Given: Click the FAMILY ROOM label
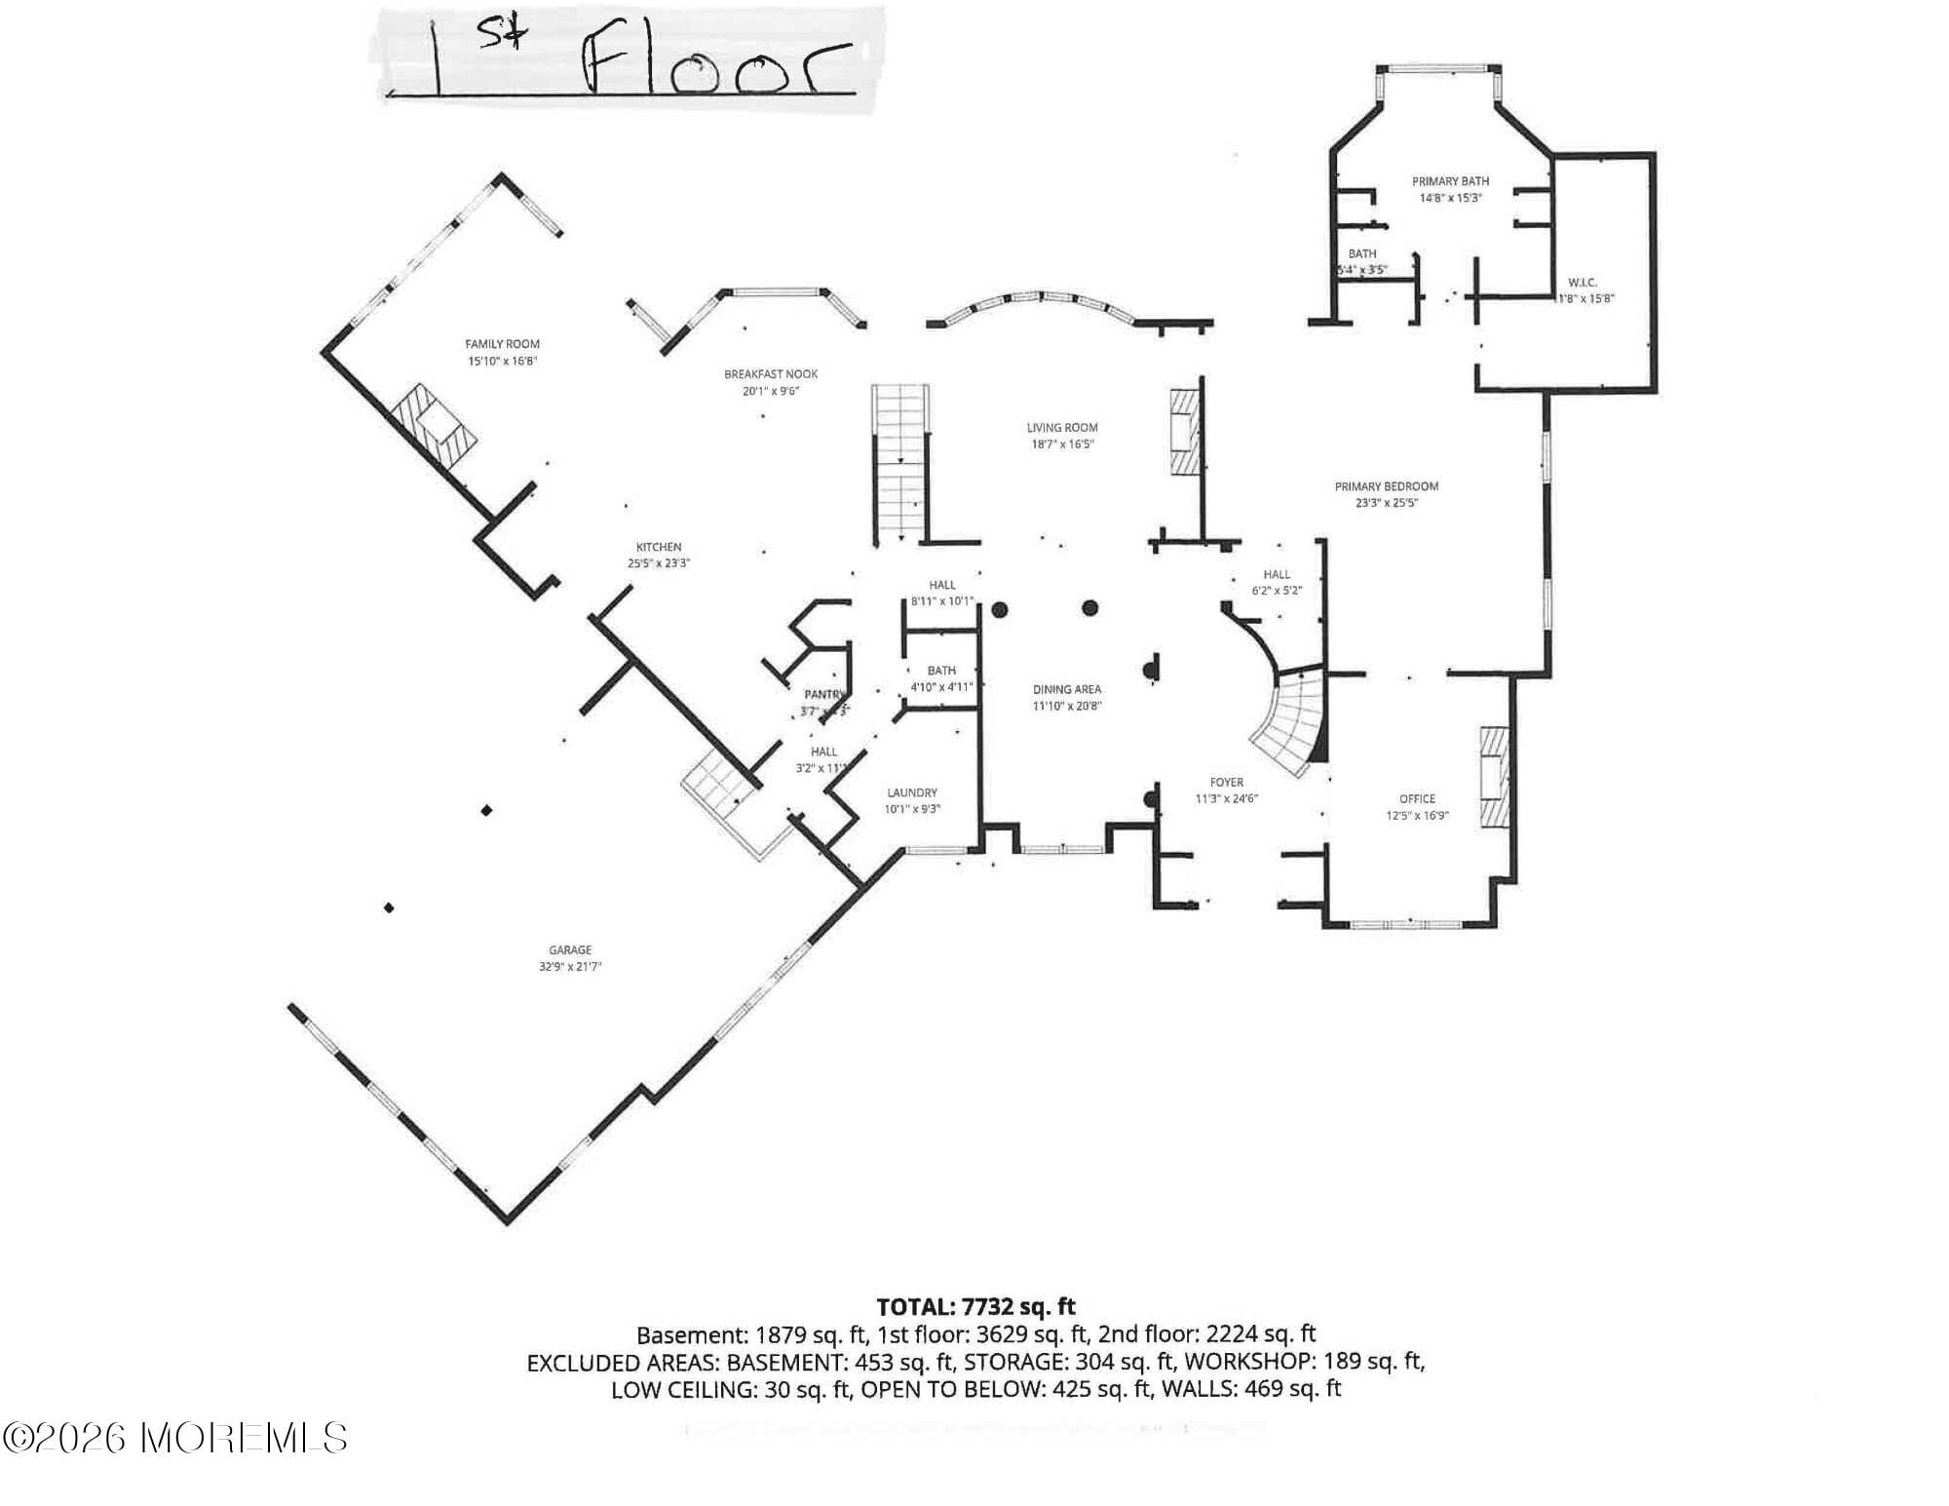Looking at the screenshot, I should (x=502, y=344).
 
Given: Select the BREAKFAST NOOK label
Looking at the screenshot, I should (x=771, y=374).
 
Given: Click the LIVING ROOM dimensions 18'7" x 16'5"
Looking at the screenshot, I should (x=1062, y=444).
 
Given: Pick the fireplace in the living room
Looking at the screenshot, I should (x=1185, y=432).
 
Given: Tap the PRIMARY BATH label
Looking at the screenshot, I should (x=1450, y=181).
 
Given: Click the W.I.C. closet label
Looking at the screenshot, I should (x=1583, y=283).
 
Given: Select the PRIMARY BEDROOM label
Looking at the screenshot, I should (x=1386, y=486).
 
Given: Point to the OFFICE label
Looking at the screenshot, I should (x=1417, y=799).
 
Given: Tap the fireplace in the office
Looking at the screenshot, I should (x=1494, y=777).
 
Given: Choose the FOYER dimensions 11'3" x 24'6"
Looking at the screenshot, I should (x=1227, y=799).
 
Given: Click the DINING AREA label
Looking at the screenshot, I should (x=1067, y=689).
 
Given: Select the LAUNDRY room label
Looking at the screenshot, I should (x=912, y=792).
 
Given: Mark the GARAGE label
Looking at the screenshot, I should (x=570, y=949).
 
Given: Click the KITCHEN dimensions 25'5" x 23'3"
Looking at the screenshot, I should (x=659, y=563).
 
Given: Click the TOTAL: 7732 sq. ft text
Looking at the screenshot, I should (x=975, y=1307).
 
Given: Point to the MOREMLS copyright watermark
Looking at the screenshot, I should (x=175, y=1438).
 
